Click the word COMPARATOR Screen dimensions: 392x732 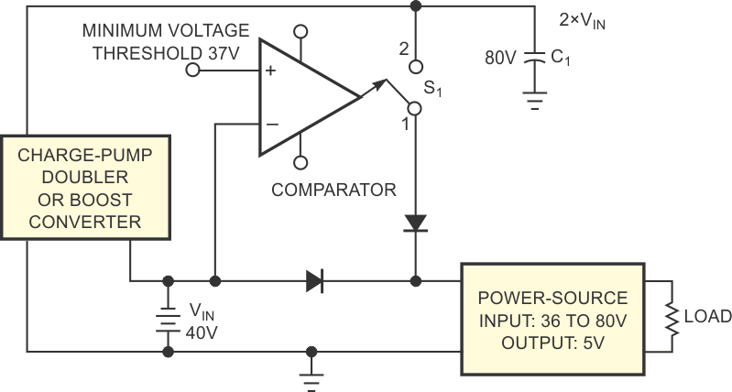[333, 191]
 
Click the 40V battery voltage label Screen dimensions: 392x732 [201, 332]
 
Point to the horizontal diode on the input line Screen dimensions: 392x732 [314, 280]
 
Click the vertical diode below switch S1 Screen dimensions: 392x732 [415, 223]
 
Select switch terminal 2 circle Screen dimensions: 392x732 [415, 65]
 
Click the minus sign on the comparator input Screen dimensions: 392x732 [270, 124]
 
